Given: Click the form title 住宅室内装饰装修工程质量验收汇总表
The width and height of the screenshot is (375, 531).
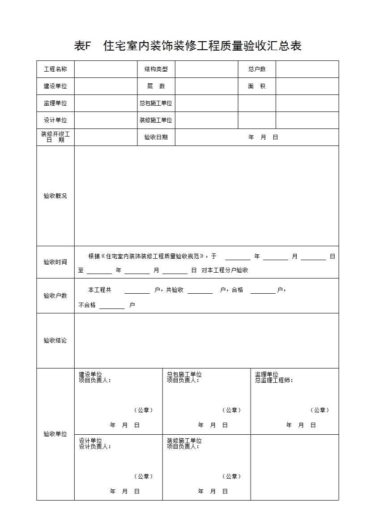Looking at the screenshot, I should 187,46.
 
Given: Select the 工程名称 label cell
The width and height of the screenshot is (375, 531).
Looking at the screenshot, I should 55,69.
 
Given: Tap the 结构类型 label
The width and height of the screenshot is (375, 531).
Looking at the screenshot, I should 156,69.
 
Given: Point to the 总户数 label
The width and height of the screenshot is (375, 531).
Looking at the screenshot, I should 257,69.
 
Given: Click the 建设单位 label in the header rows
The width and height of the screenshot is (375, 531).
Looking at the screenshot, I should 55,86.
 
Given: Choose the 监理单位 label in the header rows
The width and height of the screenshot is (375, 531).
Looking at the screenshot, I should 55,103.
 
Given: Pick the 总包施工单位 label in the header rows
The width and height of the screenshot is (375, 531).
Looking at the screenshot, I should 156,103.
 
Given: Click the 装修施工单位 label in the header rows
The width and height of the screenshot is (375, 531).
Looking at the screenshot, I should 156,120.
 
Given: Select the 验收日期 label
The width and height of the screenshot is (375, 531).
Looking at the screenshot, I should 156,137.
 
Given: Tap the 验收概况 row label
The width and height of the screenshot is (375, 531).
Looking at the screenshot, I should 55,196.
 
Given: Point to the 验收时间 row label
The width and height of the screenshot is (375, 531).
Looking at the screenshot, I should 55,262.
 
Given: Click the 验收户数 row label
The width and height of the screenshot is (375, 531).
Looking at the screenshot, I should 55,295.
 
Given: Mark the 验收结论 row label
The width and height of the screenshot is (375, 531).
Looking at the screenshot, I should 55,340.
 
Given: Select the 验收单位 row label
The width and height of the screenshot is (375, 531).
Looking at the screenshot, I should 55,434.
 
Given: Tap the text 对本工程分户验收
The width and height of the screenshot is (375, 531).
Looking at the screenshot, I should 225,270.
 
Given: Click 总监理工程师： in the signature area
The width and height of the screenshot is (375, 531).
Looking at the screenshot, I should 274,380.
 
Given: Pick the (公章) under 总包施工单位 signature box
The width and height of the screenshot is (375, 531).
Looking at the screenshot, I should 231,410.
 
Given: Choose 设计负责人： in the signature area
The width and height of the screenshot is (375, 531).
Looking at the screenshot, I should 95,446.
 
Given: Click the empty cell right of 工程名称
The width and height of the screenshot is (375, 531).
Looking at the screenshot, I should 106,69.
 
